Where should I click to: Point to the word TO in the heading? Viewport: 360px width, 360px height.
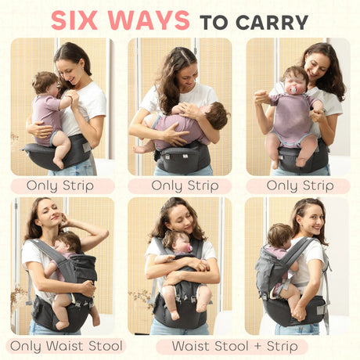pyautogui.click(x=214, y=21)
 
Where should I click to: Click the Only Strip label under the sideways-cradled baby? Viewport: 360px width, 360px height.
pyautogui.click(x=180, y=186)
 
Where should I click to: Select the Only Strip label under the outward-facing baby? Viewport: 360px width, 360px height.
pyautogui.click(x=298, y=186)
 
